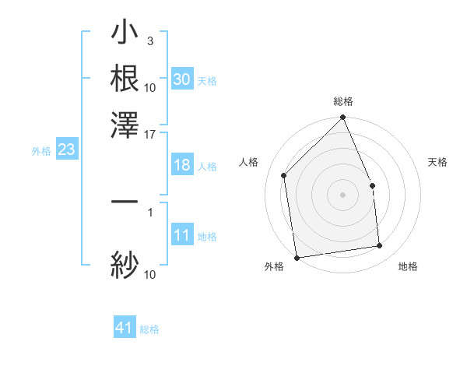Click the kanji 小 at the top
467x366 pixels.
(125, 34)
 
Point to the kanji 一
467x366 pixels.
(125, 202)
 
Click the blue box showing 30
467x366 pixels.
(181, 79)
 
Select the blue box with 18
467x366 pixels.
(181, 165)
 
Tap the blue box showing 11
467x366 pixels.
(181, 235)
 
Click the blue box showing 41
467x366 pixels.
(125, 328)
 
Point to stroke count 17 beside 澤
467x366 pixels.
(150, 134)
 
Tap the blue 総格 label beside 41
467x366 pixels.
(149, 329)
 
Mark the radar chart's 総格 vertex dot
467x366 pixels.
(343, 118)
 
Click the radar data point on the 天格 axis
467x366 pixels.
(372, 185)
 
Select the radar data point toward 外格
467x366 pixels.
(297, 257)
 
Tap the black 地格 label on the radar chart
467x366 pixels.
(408, 267)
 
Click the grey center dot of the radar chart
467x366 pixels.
(343, 195)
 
